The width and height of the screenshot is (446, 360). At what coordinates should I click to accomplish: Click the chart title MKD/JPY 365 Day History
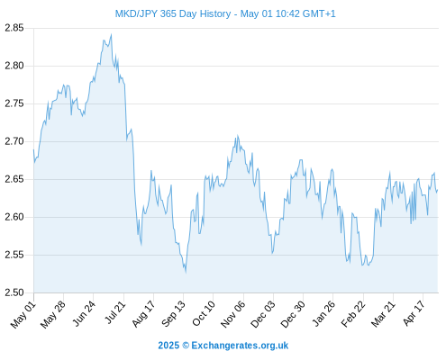173,13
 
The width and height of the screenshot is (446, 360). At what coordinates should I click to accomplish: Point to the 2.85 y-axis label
14,28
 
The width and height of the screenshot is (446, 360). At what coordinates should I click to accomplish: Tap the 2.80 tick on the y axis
14,66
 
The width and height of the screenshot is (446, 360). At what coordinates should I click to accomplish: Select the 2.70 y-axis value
14,141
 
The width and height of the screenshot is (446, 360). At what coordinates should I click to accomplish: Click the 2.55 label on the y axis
14,255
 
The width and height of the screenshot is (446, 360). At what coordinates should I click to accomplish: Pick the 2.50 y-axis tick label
14,292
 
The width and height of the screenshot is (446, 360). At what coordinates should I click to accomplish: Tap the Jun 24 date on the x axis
85,313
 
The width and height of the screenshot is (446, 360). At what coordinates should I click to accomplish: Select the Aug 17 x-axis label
144,313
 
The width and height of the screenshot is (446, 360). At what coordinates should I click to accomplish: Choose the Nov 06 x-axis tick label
233,314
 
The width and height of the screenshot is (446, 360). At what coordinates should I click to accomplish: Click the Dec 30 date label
293,314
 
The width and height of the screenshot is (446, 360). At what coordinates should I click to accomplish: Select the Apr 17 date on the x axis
414,313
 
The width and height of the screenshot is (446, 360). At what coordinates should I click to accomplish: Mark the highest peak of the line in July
112,34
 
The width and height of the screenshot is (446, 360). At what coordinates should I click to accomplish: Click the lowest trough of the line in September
186,273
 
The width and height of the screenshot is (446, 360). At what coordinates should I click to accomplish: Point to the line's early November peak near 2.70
238,136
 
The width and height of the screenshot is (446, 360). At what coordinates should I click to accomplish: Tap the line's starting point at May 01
33,149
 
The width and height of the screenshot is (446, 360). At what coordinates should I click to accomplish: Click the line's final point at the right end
438,190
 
